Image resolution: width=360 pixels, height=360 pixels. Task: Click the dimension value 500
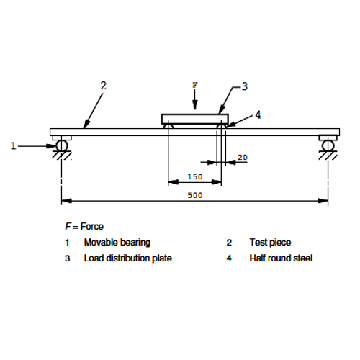(x=195, y=195)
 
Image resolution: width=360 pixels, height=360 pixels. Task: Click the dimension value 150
(x=195, y=177)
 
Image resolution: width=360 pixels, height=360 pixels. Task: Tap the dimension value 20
(x=243, y=158)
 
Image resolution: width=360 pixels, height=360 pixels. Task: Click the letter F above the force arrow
(x=195, y=85)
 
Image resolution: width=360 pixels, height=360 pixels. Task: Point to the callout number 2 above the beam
(x=103, y=86)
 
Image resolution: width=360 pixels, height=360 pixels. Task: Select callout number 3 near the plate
(x=244, y=86)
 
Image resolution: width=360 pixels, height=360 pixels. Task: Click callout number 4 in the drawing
(x=258, y=114)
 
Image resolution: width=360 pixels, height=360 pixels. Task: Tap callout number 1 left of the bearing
(x=14, y=146)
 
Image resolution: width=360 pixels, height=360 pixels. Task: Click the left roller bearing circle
(x=62, y=145)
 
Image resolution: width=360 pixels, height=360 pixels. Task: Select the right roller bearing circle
(x=328, y=145)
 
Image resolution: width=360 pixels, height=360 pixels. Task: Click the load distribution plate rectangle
(x=194, y=119)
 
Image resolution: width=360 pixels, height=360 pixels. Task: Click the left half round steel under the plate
(x=168, y=126)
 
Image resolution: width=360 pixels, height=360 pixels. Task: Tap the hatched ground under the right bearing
(x=328, y=155)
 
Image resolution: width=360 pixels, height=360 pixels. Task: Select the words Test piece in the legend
(x=270, y=243)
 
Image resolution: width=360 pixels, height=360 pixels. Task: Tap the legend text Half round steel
(x=281, y=258)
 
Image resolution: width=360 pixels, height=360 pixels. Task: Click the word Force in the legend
(x=92, y=226)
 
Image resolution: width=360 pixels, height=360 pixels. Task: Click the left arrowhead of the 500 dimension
(x=66, y=201)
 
